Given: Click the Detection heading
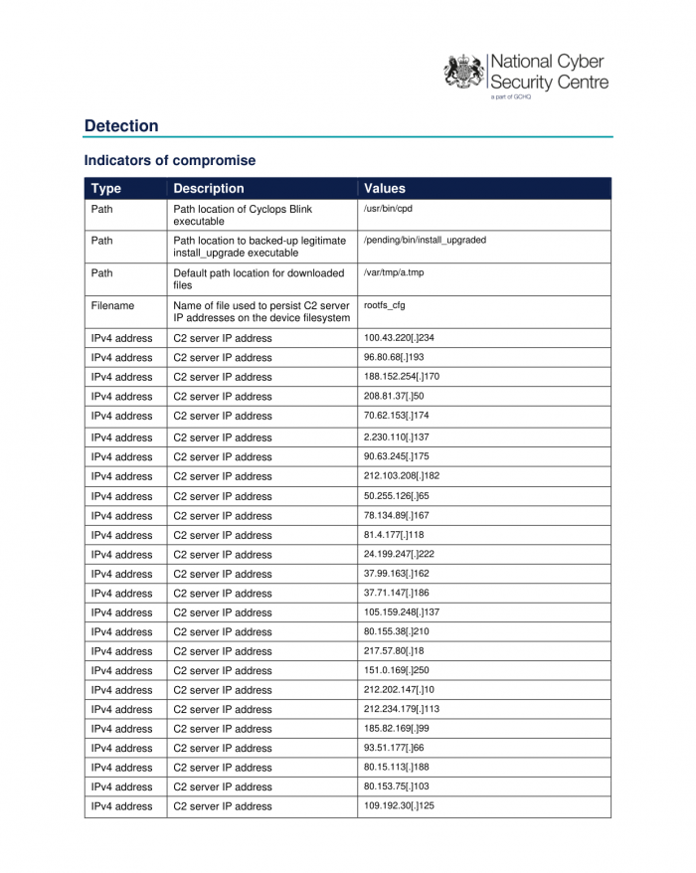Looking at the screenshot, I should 121,126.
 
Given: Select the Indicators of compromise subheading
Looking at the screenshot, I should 169,160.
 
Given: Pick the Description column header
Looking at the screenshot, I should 208,188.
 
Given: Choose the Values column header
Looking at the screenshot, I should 385,188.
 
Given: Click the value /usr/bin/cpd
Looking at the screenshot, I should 389,210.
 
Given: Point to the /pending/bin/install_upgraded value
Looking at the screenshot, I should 425,241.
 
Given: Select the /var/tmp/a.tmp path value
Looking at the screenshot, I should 394,272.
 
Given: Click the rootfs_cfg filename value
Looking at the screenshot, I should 385,305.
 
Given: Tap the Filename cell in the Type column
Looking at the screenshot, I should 112,306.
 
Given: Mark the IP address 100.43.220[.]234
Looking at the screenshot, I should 399,338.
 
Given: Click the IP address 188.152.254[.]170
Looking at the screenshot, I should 402,377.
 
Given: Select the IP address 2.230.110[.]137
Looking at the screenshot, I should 397,437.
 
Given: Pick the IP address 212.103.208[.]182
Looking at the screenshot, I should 402,476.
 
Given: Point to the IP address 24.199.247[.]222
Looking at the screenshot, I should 400,554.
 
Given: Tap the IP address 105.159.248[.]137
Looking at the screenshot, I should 402,612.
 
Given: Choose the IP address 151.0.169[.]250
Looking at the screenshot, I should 397,670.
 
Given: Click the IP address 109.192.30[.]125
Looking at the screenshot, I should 399,806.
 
